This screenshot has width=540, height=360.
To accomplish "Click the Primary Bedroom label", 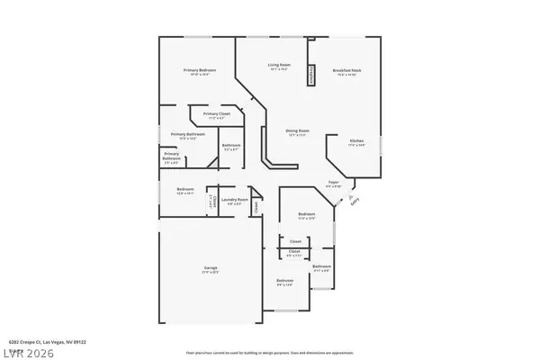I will coord(199,69).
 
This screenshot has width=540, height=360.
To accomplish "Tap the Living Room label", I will coord(278,65).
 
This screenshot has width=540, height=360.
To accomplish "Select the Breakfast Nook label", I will coord(346,69).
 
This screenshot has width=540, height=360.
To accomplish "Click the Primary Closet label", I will coord(216,113).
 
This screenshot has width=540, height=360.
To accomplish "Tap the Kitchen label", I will coord(356,142).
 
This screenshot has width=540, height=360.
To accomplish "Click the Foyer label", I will coord(333,182).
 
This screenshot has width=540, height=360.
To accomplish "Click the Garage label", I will coord(206,268).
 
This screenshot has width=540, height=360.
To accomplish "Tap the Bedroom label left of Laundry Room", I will coord(184,189).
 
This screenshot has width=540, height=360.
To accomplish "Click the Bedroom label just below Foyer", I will coord(306,213).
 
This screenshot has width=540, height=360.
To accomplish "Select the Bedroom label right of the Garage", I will coord(284,281).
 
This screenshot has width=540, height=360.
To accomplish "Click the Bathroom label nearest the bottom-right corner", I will coord(322,266).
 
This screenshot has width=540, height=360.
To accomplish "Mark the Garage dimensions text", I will coord(206,273).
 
